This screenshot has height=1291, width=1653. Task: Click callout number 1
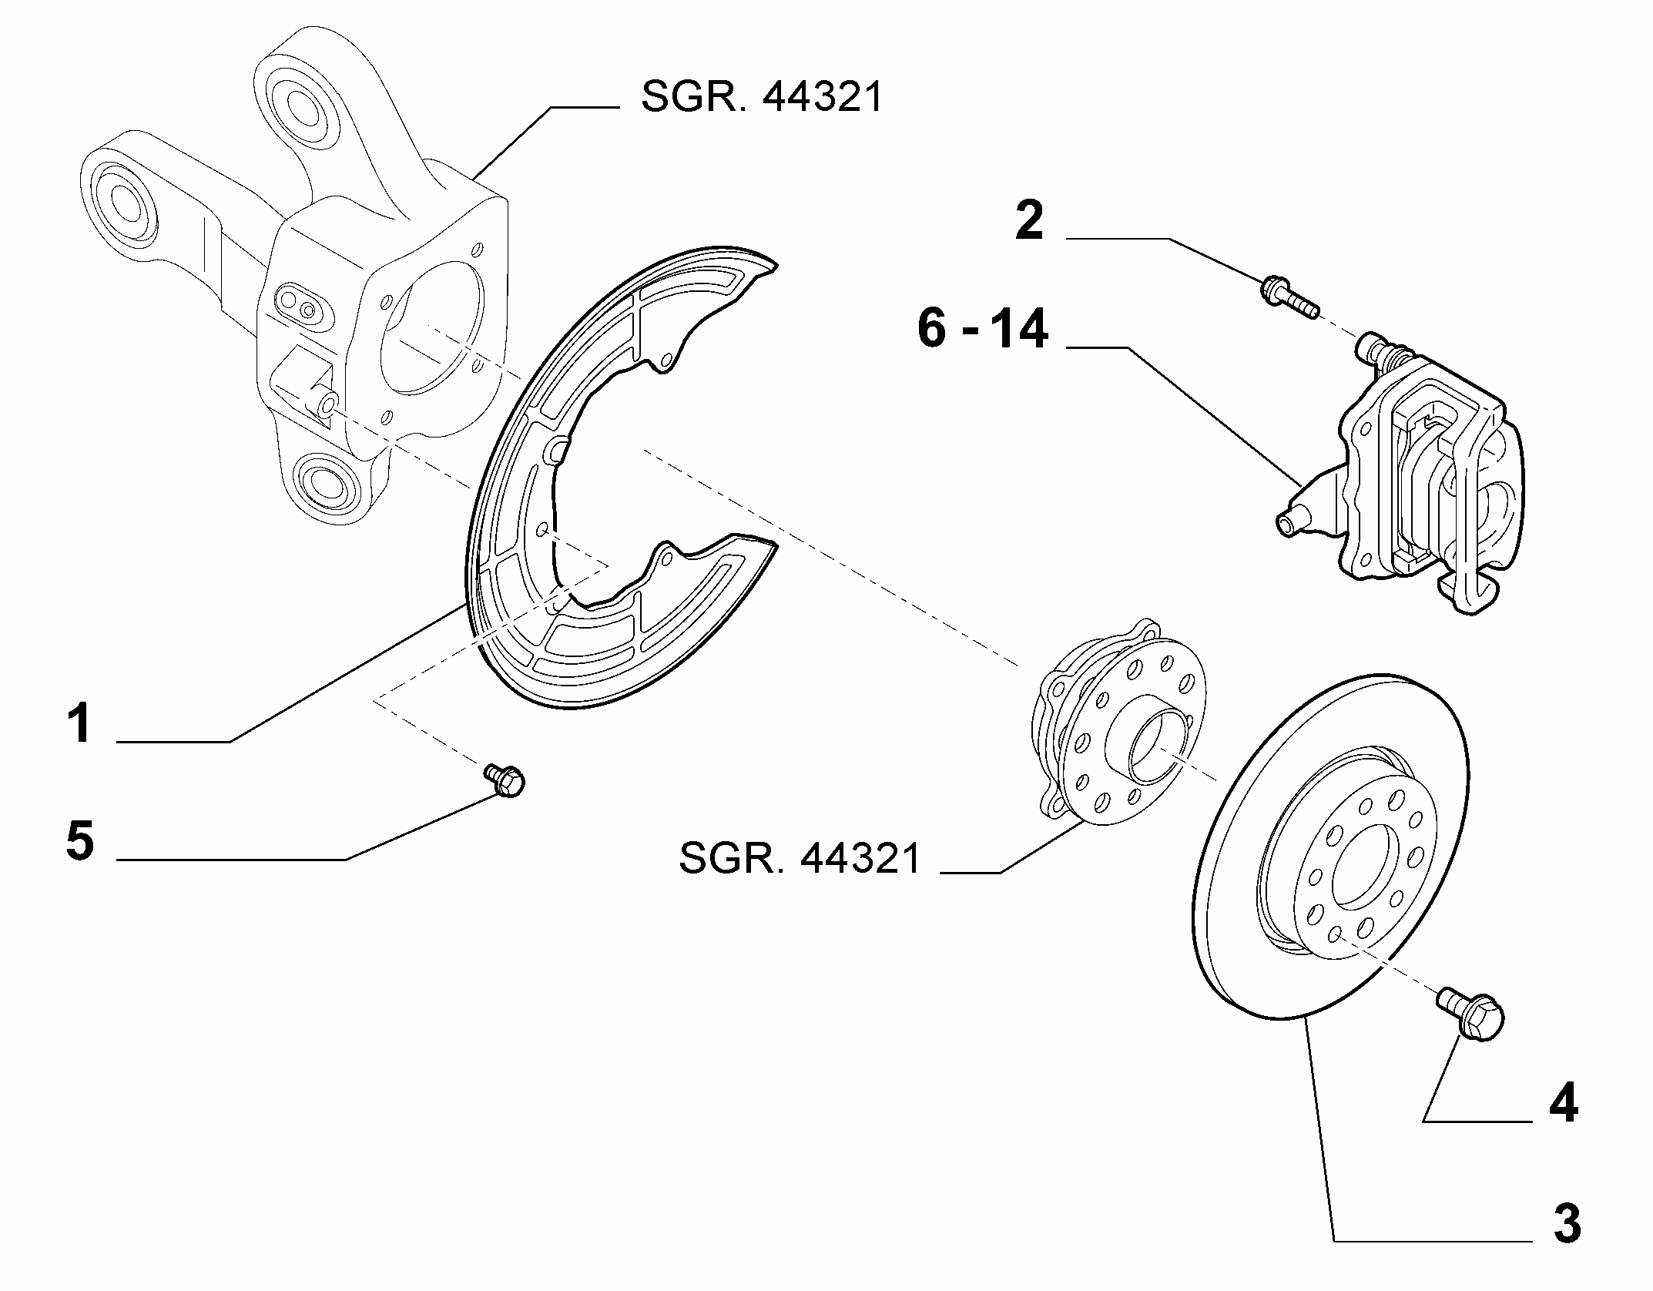coord(79,723)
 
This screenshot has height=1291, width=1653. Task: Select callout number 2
coord(1029,220)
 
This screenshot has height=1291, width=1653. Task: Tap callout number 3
coord(1566,1223)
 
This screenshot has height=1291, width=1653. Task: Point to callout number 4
coord(1563,1104)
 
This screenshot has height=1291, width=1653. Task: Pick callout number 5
coord(80,840)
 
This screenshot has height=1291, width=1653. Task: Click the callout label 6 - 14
coord(982,328)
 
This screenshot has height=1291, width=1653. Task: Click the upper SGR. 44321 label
coord(761,98)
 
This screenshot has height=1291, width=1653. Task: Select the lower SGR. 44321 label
coord(799,858)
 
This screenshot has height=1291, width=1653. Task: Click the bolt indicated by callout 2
coord(1289,300)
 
